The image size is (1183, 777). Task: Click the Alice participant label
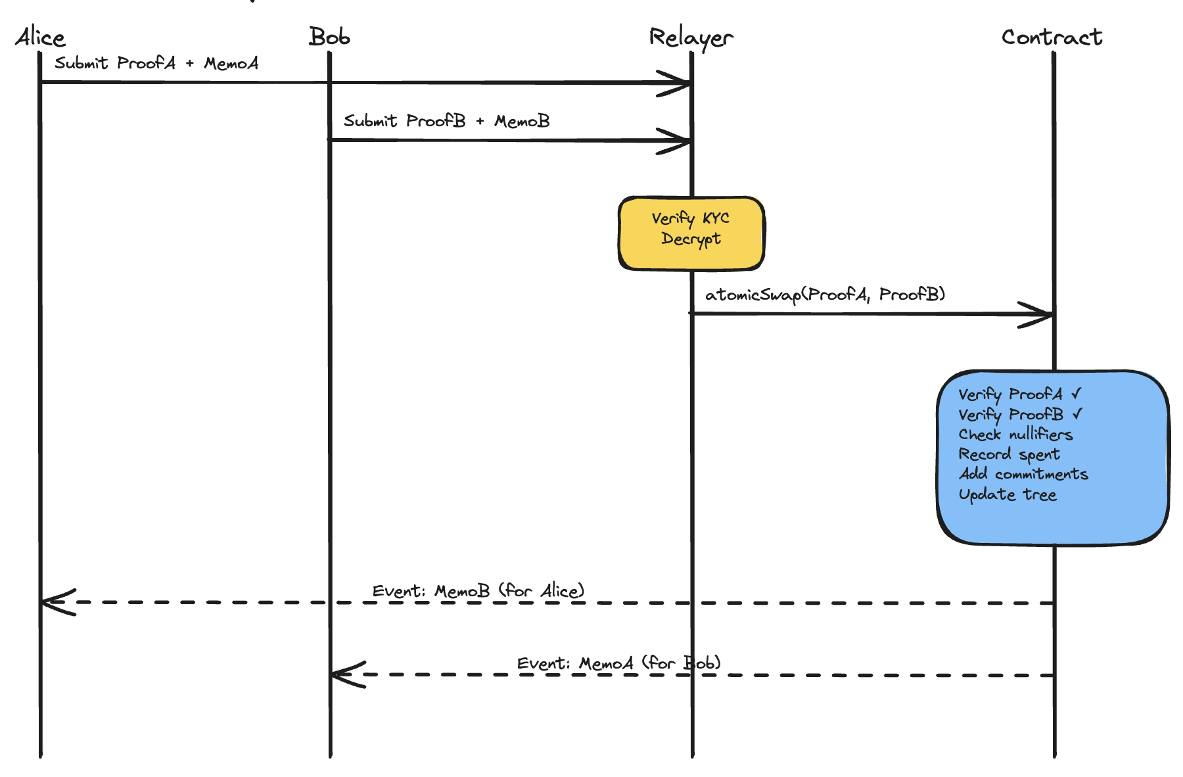click(x=40, y=37)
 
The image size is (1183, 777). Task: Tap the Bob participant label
click(x=329, y=37)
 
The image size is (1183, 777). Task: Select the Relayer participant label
click(x=691, y=38)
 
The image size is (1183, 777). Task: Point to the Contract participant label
click(x=1052, y=37)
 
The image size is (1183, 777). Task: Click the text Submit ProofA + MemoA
click(x=156, y=64)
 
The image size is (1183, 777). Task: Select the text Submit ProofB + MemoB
click(x=446, y=121)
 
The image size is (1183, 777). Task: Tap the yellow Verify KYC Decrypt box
click(x=691, y=233)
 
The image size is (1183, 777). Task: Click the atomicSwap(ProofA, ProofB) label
click(x=825, y=294)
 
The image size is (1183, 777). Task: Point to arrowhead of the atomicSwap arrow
click(x=1045, y=314)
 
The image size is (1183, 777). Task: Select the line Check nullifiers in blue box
click(x=1015, y=435)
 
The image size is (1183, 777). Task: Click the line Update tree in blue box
click(x=1008, y=494)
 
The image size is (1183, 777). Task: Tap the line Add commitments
click(x=1023, y=474)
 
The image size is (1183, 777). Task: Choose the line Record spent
click(x=1009, y=454)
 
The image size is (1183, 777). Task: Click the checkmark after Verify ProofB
click(x=1077, y=414)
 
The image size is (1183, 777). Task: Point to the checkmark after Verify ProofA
click(x=1076, y=394)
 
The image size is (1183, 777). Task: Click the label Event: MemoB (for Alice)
click(x=478, y=591)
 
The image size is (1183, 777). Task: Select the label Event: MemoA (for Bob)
click(x=618, y=663)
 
